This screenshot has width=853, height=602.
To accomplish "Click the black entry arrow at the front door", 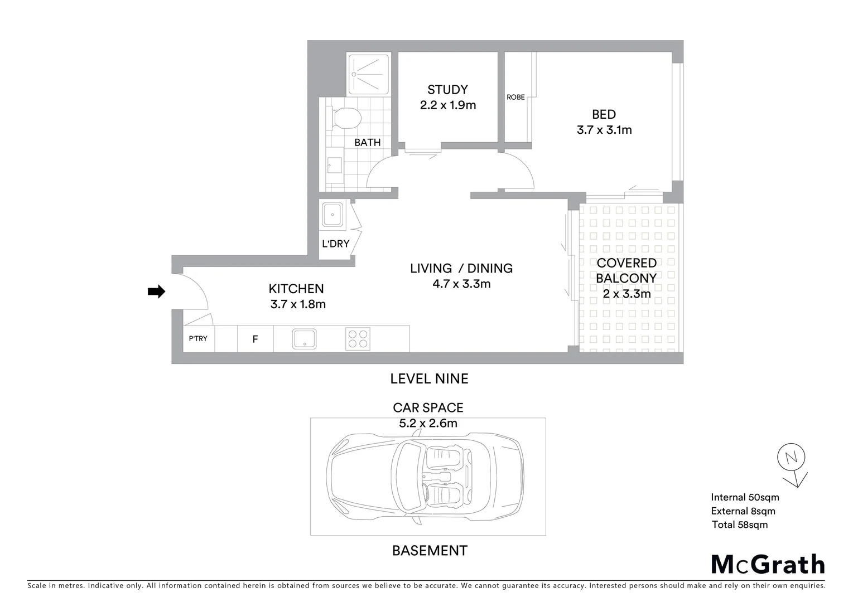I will (156, 291).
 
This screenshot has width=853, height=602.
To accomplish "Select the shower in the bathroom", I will (368, 74).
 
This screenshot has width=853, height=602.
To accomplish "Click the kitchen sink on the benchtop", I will (304, 339).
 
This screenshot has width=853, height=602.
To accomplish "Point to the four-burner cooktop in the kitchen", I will (358, 339).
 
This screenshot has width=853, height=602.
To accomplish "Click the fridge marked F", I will (255, 339).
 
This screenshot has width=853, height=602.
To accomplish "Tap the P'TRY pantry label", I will (198, 338).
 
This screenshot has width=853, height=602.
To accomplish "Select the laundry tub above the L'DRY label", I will (332, 214).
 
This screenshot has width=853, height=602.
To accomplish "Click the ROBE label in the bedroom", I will (515, 97).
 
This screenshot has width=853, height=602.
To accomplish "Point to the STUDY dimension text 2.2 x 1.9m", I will (447, 105).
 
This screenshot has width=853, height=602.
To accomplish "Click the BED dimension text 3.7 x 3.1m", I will (604, 130).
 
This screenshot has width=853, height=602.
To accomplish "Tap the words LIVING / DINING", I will (461, 268).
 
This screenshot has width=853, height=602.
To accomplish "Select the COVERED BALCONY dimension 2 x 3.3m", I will (626, 294).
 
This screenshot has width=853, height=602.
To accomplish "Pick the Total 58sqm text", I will (739, 525).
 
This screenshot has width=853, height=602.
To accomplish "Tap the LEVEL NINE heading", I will (429, 378).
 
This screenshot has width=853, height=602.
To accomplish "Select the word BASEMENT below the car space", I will (429, 551).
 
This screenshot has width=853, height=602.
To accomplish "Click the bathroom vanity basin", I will (335, 165).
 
